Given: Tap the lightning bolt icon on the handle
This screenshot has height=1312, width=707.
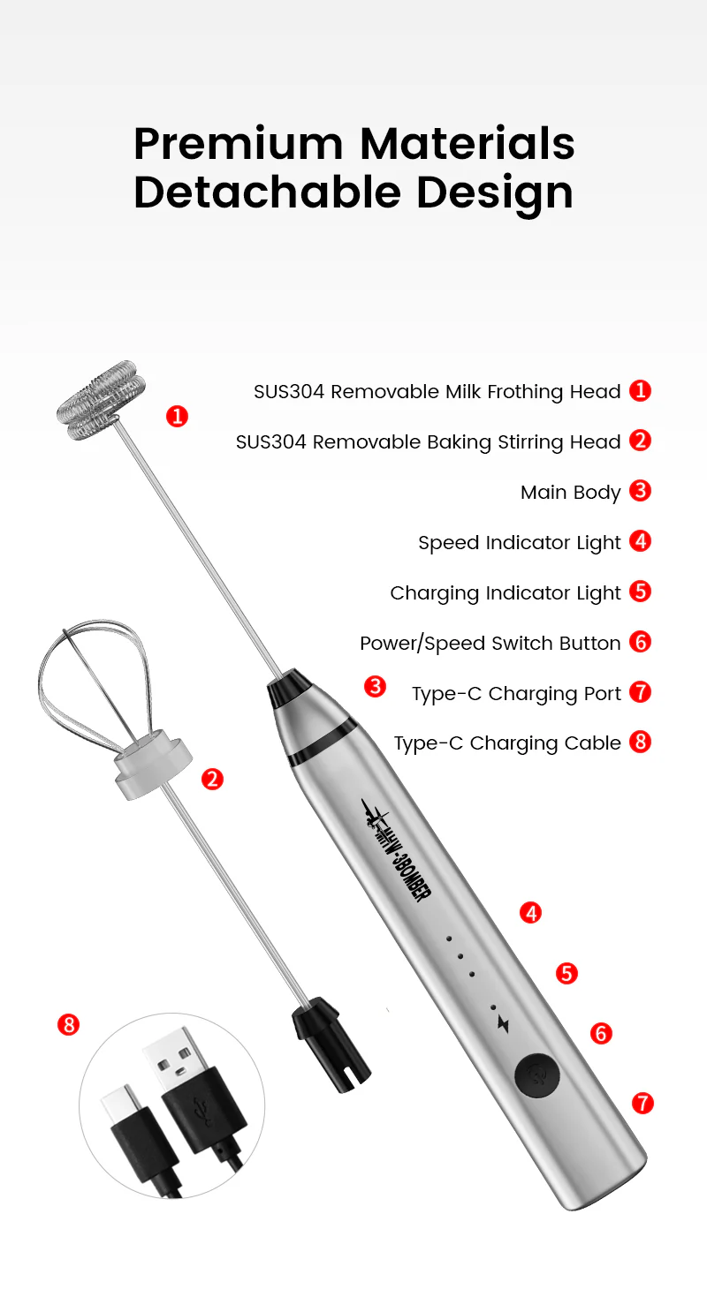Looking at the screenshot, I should tap(504, 1023).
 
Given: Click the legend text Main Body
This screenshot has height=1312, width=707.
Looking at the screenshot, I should tap(570, 492).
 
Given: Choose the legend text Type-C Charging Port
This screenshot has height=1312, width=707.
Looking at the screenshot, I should tap(516, 693).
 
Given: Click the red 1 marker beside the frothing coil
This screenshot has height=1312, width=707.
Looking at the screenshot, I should tap(177, 416).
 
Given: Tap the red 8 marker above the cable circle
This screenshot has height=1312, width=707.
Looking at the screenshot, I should tap(68, 1024).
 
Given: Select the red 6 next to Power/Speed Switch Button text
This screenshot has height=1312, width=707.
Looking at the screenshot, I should tap(640, 642).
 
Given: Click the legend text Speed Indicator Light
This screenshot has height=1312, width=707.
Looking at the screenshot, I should tap(519, 542).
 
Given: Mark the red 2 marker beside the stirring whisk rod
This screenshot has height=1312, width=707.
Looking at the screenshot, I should tap(212, 779).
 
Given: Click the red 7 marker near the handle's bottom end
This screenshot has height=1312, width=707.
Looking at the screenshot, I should tap(642, 1102).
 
